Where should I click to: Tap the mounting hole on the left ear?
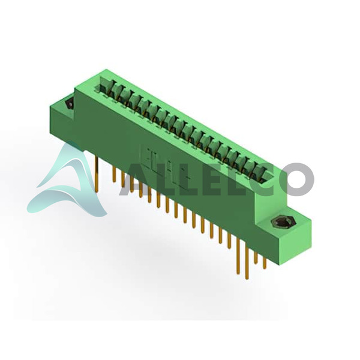(70, 104)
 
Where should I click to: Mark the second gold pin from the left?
(113, 174)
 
